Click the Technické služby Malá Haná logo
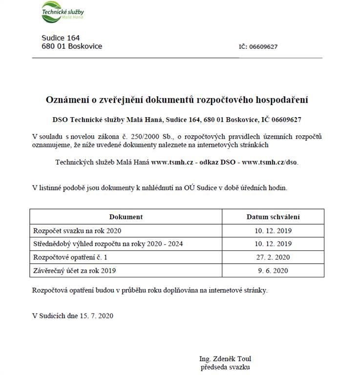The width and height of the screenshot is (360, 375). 59,12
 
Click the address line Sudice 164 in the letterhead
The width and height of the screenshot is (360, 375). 61,38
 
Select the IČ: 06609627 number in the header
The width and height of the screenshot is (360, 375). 258,47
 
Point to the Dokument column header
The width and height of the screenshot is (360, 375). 126,217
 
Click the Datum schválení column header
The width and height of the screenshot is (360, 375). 273,217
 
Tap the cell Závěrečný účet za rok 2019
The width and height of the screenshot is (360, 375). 74,270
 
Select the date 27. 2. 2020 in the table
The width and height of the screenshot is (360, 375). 273,257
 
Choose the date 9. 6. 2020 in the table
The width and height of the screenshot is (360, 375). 273,270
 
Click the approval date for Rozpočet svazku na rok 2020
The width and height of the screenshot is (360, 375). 273,230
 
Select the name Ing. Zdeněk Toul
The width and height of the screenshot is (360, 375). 225,359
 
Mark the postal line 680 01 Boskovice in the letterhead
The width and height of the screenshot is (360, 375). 72,46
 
